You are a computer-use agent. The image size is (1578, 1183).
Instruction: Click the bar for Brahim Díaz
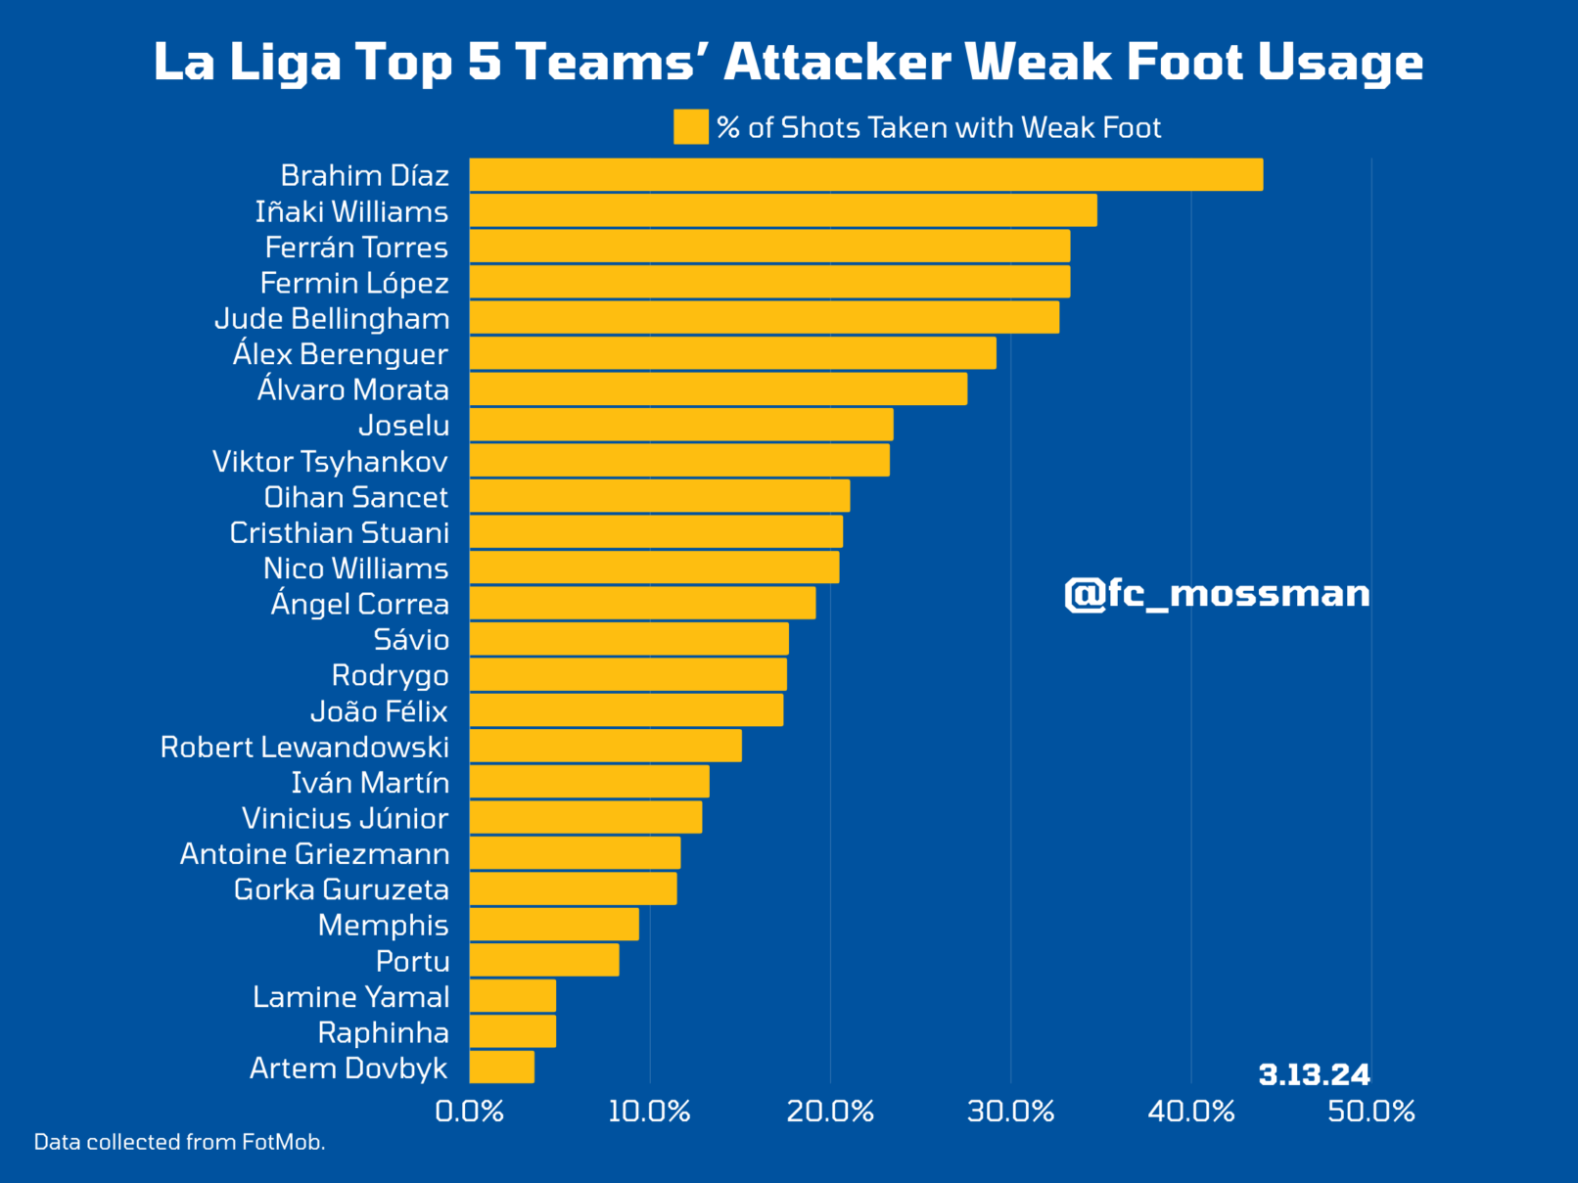[x=865, y=175]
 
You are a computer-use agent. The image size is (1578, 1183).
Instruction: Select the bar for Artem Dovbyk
[x=502, y=1068]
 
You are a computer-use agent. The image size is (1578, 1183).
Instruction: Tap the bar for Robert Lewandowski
[x=605, y=747]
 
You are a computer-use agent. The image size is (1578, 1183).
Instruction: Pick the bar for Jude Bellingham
[x=764, y=318]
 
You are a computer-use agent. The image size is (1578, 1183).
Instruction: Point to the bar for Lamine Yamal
[x=513, y=996]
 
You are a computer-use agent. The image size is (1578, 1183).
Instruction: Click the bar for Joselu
[x=681, y=425]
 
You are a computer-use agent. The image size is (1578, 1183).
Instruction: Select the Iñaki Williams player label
[x=351, y=211]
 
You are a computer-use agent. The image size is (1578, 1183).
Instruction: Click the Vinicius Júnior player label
[x=345, y=818]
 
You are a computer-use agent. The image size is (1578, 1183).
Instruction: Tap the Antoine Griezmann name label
[x=314, y=854]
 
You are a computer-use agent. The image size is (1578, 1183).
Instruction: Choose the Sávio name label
[x=411, y=640]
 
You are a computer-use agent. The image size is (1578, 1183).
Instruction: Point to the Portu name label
[x=412, y=961]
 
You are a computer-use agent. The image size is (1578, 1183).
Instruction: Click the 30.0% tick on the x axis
[x=1010, y=1112]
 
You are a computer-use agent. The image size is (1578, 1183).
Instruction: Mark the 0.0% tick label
[x=470, y=1112]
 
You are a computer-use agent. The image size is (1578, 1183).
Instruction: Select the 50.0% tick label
[x=1371, y=1112]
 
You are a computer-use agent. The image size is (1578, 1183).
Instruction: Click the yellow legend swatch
[x=691, y=127]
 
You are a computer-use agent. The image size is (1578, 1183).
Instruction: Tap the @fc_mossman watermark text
[x=1217, y=594]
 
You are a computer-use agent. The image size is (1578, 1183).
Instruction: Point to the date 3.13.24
[x=1314, y=1075]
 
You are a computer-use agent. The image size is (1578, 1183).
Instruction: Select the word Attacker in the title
[x=837, y=63]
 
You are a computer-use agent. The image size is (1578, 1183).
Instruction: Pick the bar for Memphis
[x=554, y=925]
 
